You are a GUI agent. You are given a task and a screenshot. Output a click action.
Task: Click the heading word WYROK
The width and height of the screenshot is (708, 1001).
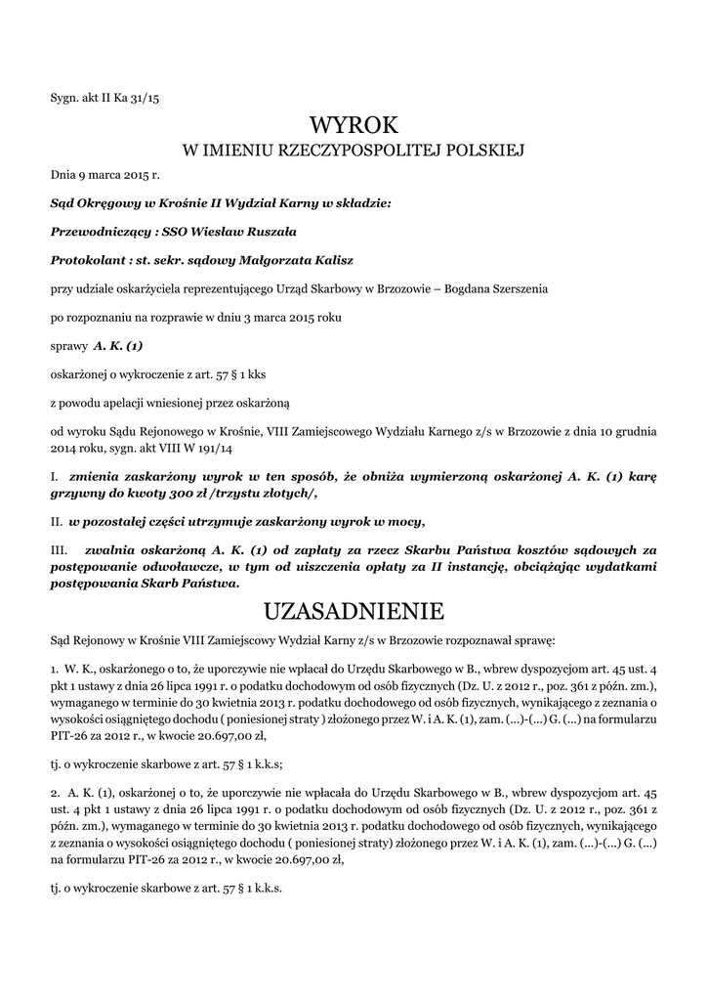point(354,125)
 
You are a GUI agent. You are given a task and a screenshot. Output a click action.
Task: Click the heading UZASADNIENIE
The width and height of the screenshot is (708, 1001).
point(354,612)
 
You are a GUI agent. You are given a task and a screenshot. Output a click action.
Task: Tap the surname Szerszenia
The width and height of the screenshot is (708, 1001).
point(518,289)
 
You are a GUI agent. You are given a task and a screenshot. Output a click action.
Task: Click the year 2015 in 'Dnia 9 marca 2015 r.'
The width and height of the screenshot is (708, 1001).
point(131,176)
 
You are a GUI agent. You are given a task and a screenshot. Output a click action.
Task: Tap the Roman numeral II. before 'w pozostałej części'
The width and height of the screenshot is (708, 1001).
point(57,519)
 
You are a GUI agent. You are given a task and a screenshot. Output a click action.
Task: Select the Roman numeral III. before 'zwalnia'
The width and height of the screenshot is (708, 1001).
point(59,550)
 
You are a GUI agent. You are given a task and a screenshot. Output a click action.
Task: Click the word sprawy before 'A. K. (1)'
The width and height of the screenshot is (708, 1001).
point(68,346)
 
